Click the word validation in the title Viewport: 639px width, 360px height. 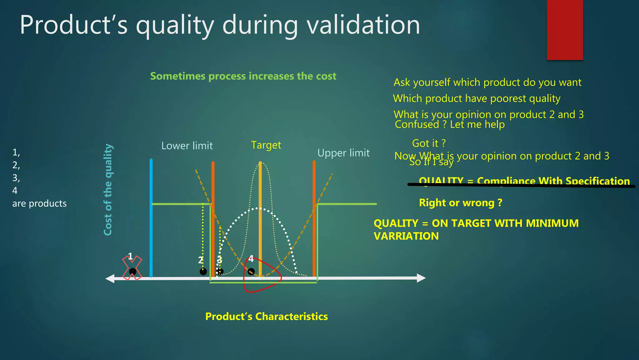tap(363, 25)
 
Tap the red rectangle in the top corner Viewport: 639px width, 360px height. tap(565, 30)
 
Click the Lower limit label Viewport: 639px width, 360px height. tap(187, 146)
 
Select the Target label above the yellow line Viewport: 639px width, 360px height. tap(266, 145)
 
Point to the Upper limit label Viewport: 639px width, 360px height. tap(343, 153)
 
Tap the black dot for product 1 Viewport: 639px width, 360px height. tap(133, 271)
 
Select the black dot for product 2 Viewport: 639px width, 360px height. tap(203, 272)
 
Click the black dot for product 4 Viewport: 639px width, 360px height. tap(251, 272)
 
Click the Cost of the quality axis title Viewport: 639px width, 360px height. tap(108, 189)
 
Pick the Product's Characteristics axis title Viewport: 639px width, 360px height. tap(266, 316)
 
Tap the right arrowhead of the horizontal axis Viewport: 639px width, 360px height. tap(421, 278)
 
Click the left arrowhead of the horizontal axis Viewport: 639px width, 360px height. tap(110, 279)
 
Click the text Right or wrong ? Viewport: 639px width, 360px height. tap(461, 203)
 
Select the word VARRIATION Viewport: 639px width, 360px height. tap(406, 236)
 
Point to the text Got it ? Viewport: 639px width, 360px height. tap(429, 143)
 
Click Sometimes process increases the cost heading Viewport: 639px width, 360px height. tap(243, 76)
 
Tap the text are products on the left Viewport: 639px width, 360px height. tap(39, 203)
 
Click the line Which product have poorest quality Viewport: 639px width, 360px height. tap(476, 98)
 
